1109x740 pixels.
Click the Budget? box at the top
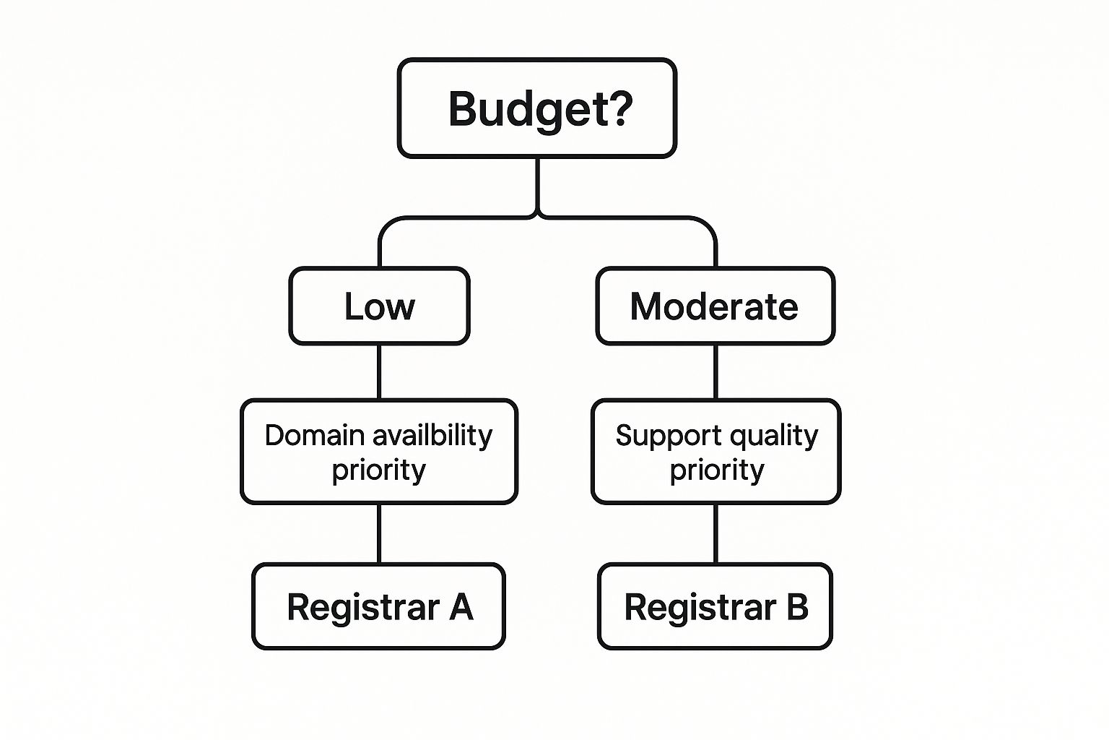pyautogui.click(x=537, y=108)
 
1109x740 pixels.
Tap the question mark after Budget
pyautogui.click(x=618, y=108)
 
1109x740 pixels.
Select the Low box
pyautogui.click(x=379, y=306)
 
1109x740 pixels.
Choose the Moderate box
pyautogui.click(x=716, y=306)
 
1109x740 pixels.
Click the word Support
pyautogui.click(x=669, y=436)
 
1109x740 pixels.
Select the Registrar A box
pyautogui.click(x=379, y=606)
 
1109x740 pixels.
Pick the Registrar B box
pyautogui.click(x=716, y=606)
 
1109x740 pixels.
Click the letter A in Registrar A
pyautogui.click(x=461, y=606)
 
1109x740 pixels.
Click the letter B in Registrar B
pyautogui.click(x=797, y=606)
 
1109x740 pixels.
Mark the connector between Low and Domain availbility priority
pyautogui.click(x=379, y=371)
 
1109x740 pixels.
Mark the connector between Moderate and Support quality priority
pyautogui.click(x=716, y=371)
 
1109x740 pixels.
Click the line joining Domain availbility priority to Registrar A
pyautogui.click(x=379, y=533)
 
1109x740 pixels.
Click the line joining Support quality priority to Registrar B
pyautogui.click(x=716, y=533)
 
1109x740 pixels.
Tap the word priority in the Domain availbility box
pyautogui.click(x=379, y=470)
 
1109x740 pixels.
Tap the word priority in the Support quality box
pyautogui.click(x=717, y=470)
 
